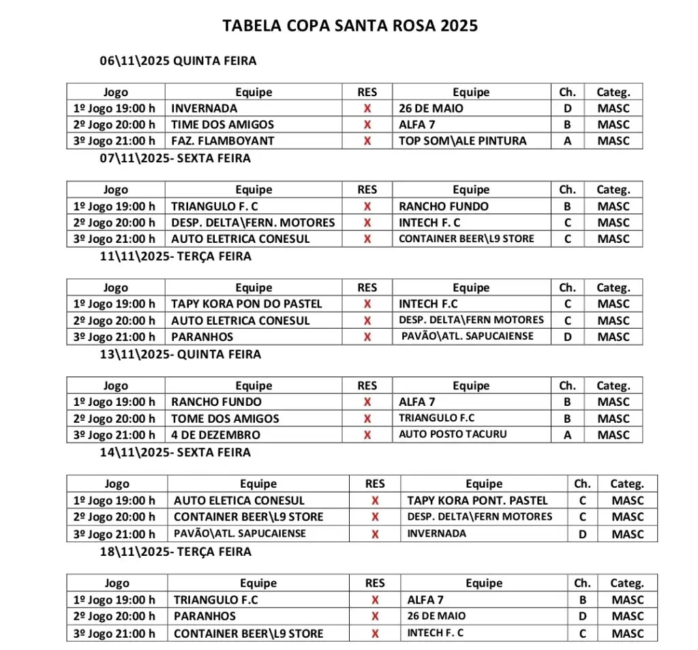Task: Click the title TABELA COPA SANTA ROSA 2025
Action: coord(350,26)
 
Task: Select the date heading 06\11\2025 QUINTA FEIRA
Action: coord(178,61)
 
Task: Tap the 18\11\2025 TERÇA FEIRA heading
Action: coord(175,551)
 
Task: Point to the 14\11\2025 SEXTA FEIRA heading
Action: coord(175,452)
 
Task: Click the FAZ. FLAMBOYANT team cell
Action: coord(222,141)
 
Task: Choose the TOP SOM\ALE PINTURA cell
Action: coord(463,141)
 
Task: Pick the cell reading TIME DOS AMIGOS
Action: coord(222,125)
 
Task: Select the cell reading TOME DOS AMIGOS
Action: coord(225,419)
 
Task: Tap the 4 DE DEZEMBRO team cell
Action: coord(215,435)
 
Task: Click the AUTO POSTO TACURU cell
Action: coord(453,434)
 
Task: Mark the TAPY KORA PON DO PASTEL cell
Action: coord(246,304)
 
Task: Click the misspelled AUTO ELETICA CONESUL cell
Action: coord(239,501)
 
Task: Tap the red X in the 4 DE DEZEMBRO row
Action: coord(367,435)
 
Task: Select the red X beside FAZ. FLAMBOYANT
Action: coord(367,141)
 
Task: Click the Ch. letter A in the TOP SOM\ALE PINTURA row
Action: coord(567,141)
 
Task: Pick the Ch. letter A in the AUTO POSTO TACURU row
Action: coord(567,435)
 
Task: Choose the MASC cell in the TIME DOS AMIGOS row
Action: coord(613,125)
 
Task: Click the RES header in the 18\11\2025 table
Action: coord(375,583)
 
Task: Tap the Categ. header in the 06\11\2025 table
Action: coord(613,92)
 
